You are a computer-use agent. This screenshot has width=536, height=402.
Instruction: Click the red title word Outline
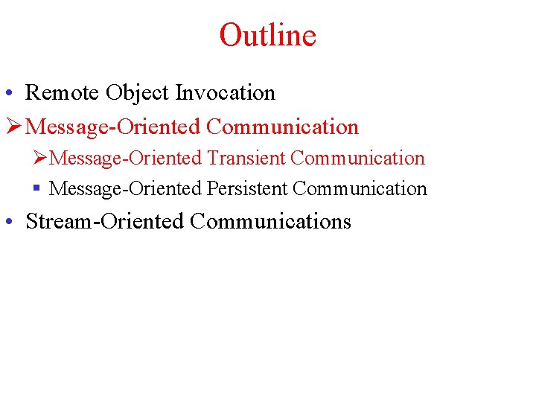(268, 35)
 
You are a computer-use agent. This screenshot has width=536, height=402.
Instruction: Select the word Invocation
(225, 93)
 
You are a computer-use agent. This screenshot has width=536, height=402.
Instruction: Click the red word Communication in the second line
(282, 127)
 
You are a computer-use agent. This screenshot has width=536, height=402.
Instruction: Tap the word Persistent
(247, 189)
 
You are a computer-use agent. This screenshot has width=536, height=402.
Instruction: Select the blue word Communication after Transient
(357, 158)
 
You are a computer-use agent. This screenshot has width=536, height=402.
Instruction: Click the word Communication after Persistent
(360, 189)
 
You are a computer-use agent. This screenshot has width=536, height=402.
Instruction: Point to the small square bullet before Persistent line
(36, 189)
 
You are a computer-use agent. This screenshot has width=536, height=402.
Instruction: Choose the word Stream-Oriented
(104, 221)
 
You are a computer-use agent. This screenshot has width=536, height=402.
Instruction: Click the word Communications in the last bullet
(270, 221)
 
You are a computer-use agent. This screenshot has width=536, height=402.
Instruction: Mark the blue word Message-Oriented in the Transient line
(126, 158)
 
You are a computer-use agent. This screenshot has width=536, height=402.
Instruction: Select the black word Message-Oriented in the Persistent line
(126, 189)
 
